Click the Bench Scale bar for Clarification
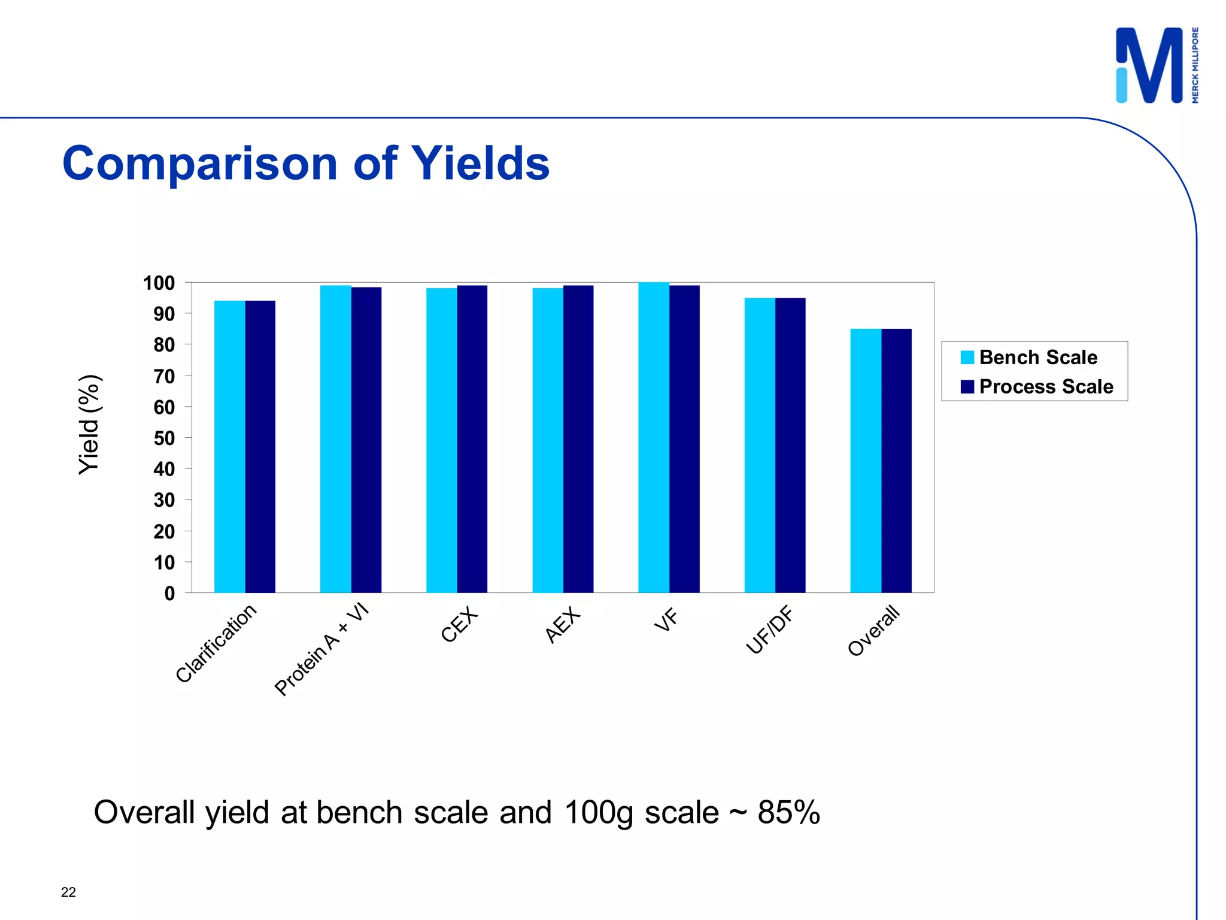click(229, 447)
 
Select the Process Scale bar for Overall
click(896, 461)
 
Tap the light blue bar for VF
click(654, 437)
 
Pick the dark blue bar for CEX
click(472, 439)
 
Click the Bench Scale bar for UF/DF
click(760, 445)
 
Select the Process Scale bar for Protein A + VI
click(366, 440)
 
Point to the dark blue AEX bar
click(578, 439)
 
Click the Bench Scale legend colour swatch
click(967, 358)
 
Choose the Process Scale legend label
click(1046, 387)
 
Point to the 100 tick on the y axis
click(159, 283)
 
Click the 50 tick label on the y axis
click(164, 438)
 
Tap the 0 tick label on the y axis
click(169, 594)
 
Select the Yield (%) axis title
click(90, 425)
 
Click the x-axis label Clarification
click(216, 644)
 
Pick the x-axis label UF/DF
click(769, 630)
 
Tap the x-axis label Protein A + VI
click(321, 650)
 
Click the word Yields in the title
click(480, 164)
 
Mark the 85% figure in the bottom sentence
click(788, 813)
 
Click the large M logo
click(1149, 65)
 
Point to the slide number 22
click(68, 892)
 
